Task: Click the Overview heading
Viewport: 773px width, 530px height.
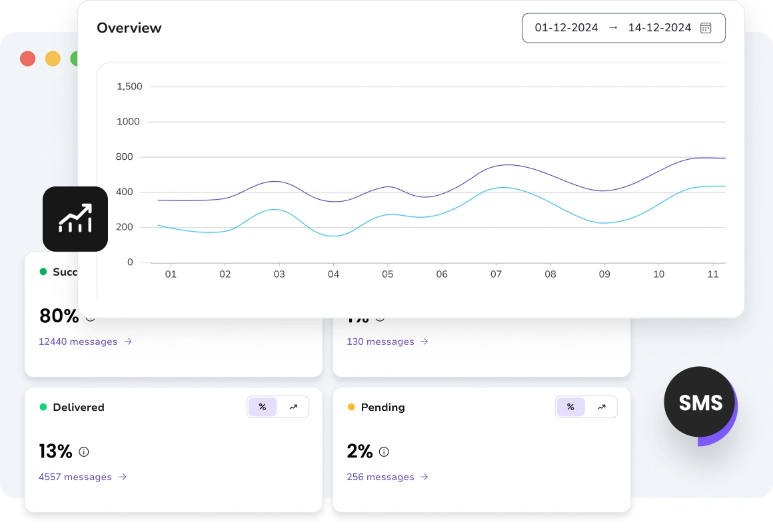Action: pyautogui.click(x=129, y=28)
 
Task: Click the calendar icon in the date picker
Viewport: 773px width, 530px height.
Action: pyautogui.click(x=706, y=28)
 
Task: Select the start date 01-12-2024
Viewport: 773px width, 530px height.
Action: pyautogui.click(x=566, y=28)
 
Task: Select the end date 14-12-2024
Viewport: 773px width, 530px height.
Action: pyautogui.click(x=659, y=28)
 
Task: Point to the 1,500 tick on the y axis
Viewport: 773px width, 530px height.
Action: pyautogui.click(x=129, y=87)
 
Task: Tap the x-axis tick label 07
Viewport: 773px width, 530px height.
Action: pyautogui.click(x=496, y=274)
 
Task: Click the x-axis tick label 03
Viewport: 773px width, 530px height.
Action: pyautogui.click(x=279, y=274)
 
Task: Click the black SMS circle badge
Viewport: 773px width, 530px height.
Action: pyautogui.click(x=700, y=402)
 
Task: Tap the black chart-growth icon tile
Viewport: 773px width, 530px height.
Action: pyautogui.click(x=75, y=219)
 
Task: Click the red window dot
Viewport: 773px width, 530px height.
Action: pyautogui.click(x=27, y=59)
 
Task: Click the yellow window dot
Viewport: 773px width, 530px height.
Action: pyautogui.click(x=53, y=59)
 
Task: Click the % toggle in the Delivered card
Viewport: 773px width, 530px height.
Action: pyautogui.click(x=263, y=407)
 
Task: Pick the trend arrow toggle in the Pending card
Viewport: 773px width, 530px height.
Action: pyautogui.click(x=601, y=407)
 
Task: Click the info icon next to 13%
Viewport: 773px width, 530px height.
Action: pyautogui.click(x=84, y=451)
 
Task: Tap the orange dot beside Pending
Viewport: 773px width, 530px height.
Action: pyautogui.click(x=351, y=407)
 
